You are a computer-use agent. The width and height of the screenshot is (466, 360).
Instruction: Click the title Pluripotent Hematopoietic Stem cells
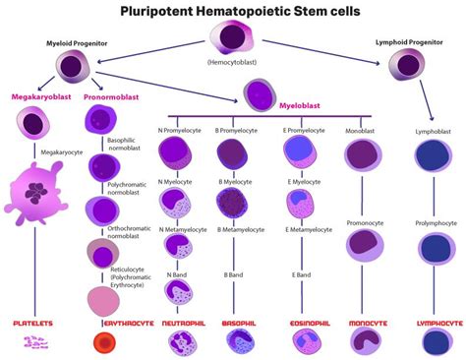(x=233, y=12)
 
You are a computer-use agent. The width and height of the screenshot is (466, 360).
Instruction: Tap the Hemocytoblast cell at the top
(x=232, y=40)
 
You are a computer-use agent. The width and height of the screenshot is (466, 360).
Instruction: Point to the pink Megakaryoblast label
(x=37, y=97)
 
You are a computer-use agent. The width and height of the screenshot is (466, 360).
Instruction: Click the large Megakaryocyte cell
(x=39, y=192)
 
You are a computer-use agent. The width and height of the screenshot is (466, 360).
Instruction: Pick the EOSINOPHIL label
(x=307, y=322)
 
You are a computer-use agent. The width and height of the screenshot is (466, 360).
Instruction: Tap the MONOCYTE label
(x=369, y=322)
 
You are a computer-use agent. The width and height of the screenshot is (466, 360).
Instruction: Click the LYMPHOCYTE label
(x=433, y=322)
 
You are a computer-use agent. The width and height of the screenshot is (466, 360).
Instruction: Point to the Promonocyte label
(x=366, y=223)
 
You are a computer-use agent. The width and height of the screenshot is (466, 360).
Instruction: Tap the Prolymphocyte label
(x=433, y=223)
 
